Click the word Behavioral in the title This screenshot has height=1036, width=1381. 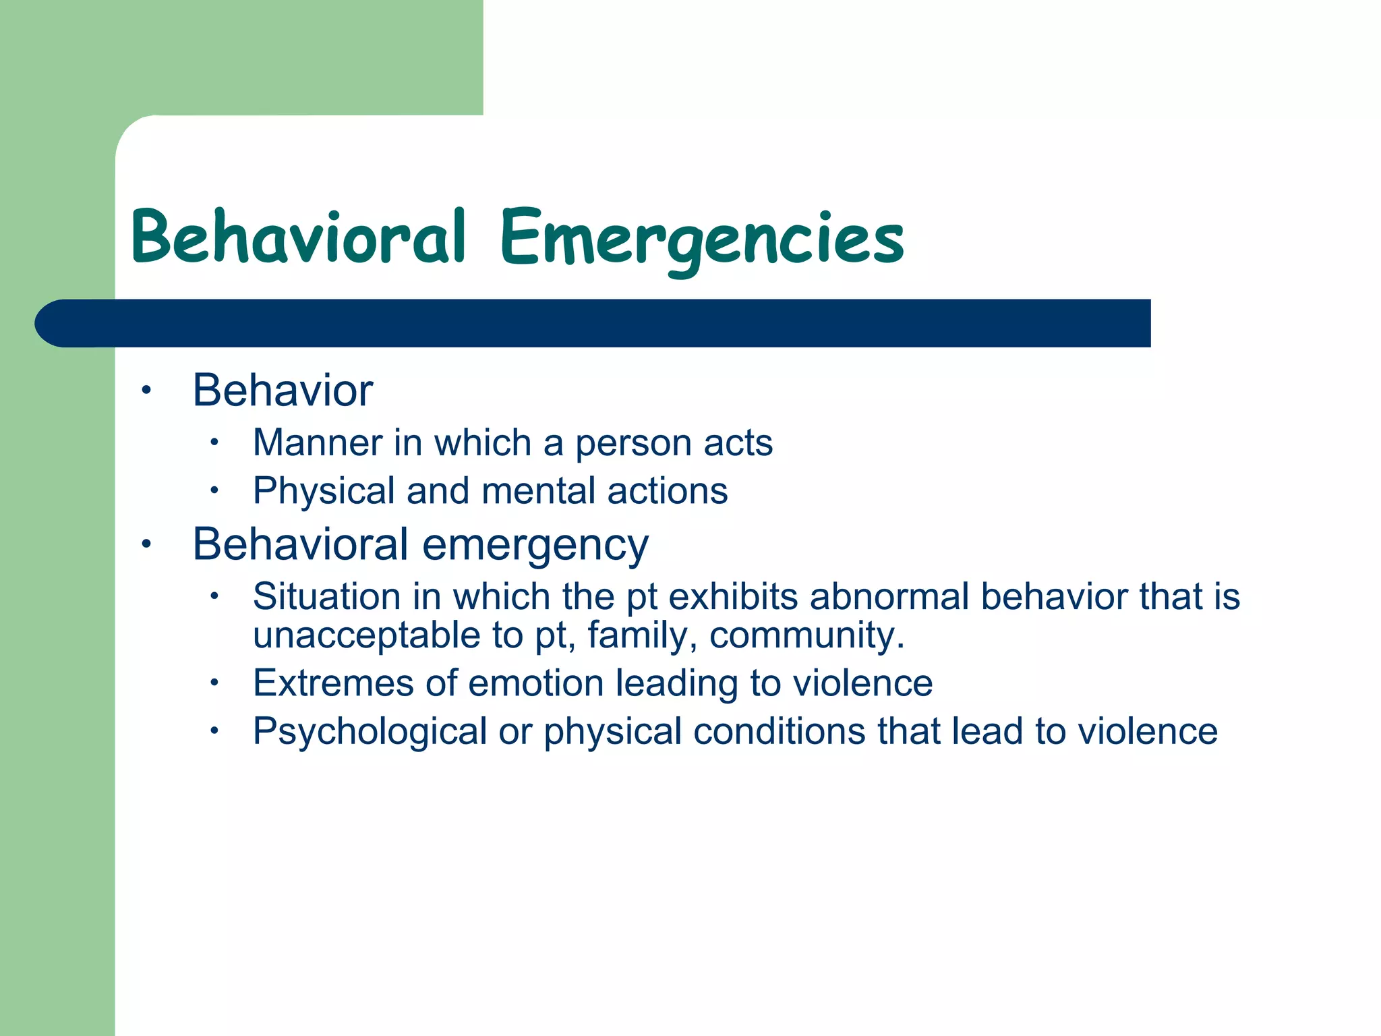tap(298, 237)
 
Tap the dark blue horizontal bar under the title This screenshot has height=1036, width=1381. tap(593, 323)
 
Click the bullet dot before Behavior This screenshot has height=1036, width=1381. tap(146, 390)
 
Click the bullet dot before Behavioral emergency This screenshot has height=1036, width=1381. tap(146, 544)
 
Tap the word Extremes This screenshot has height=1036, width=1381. tap(332, 683)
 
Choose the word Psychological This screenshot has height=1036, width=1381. tap(370, 732)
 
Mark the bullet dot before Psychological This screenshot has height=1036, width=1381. tap(214, 730)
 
